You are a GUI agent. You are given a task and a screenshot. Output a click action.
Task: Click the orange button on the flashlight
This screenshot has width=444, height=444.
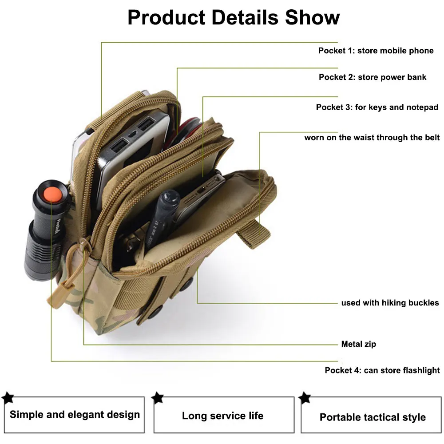tap(52, 194)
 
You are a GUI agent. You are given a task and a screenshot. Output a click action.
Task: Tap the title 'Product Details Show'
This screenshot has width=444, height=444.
tap(234, 18)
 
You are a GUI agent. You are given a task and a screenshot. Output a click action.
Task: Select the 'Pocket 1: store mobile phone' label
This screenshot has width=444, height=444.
tap(376, 51)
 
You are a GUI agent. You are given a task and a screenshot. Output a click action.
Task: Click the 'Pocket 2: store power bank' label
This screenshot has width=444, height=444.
tap(372, 77)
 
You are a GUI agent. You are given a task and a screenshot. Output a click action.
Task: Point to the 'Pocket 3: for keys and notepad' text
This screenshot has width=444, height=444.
tap(377, 107)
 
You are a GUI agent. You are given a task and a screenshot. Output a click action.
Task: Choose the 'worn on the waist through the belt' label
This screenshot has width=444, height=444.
tap(372, 138)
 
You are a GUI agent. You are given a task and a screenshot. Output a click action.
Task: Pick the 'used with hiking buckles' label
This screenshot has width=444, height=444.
tap(390, 303)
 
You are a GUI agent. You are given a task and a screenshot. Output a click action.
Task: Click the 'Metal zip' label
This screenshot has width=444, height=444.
tap(358, 344)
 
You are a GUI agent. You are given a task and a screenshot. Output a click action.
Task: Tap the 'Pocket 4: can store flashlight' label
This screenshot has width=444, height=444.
tap(382, 370)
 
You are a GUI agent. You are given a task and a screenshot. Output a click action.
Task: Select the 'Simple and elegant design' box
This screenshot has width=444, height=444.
tap(75, 415)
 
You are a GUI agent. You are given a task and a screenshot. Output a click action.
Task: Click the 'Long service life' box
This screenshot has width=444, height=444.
tap(223, 416)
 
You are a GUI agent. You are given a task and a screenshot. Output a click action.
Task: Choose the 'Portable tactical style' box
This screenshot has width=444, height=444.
tap(372, 417)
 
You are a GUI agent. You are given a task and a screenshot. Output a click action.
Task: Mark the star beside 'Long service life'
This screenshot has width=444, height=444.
tap(158, 397)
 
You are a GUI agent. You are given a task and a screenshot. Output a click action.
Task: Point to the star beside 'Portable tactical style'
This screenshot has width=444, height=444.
tap(305, 397)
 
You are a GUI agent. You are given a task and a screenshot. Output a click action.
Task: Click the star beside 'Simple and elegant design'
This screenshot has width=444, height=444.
tap(8, 397)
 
